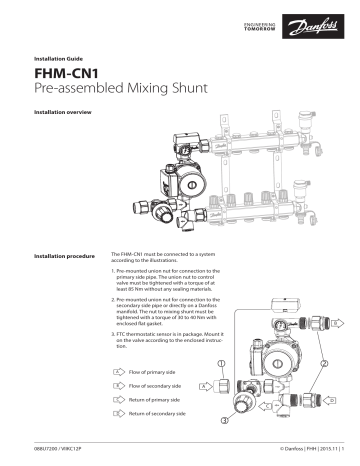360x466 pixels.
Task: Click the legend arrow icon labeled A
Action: [119, 371]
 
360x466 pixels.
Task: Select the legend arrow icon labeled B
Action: [119, 384]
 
